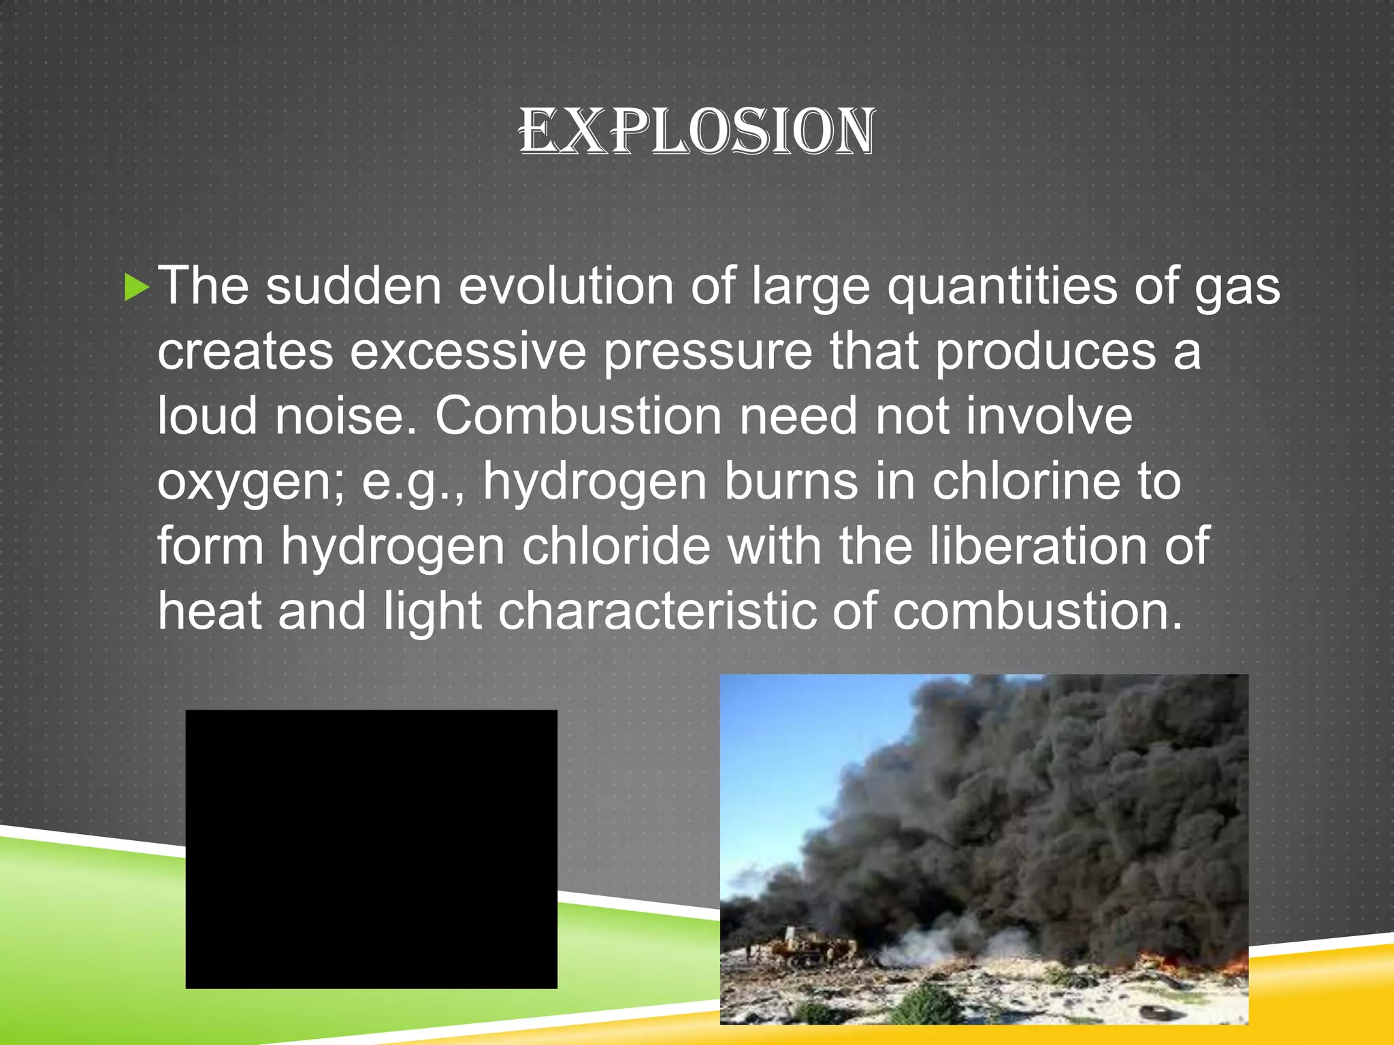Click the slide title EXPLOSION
tap(696, 131)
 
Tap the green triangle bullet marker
tap(136, 287)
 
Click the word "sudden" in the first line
tap(353, 287)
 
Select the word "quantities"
tap(1001, 287)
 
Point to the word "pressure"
tap(708, 352)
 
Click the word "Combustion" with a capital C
tap(578, 416)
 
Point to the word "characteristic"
tap(657, 611)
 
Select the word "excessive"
tap(468, 352)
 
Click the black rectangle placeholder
tap(371, 849)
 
